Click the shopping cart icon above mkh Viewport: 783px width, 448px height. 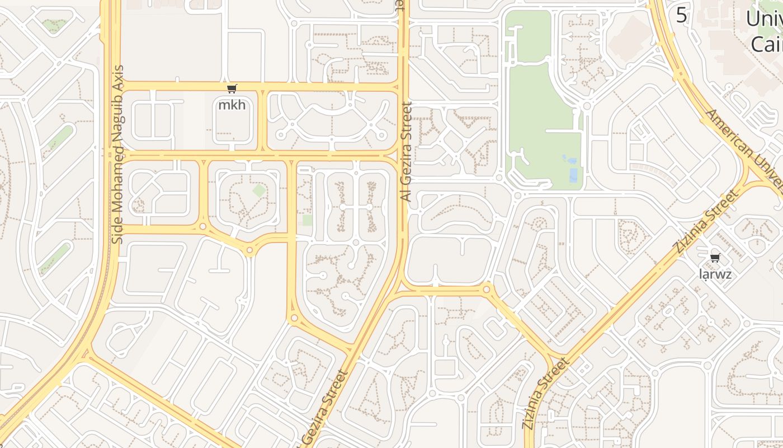232,88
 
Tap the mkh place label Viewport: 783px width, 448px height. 232,105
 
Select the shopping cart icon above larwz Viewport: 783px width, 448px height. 715,258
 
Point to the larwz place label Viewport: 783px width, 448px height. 715,274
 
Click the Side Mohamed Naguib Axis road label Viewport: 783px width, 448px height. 117,155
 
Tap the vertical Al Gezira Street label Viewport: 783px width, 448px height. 407,151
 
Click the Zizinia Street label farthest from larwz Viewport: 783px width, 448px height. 546,394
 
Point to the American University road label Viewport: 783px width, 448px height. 744,148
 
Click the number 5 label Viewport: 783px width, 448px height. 681,15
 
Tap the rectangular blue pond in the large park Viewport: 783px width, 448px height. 573,175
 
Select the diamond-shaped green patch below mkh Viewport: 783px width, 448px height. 259,190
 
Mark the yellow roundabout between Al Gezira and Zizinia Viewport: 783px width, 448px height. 487,290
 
